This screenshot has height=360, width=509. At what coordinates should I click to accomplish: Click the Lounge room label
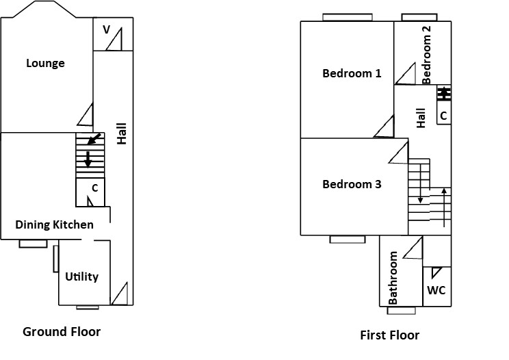tap(45, 64)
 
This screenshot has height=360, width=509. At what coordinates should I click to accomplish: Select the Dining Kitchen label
tap(54, 224)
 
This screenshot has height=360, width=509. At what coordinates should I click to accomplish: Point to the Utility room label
tap(82, 277)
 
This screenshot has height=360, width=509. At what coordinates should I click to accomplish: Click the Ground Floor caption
tap(62, 332)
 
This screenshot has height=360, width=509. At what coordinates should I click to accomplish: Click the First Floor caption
tap(389, 335)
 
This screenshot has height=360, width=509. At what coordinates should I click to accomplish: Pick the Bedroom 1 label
tap(352, 73)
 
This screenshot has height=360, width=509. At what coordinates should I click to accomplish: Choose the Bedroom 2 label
tap(427, 55)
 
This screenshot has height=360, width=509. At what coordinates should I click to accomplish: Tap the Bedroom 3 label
tap(352, 184)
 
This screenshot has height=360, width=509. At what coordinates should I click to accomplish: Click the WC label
tap(436, 290)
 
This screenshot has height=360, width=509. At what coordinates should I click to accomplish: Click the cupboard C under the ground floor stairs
tap(95, 187)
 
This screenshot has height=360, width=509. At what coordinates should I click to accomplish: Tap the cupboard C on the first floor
tap(443, 115)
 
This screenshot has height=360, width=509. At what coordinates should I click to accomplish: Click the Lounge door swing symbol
tap(86, 115)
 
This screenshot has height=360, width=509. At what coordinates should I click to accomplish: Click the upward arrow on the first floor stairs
tap(445, 205)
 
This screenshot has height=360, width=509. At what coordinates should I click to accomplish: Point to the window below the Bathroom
tap(401, 311)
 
